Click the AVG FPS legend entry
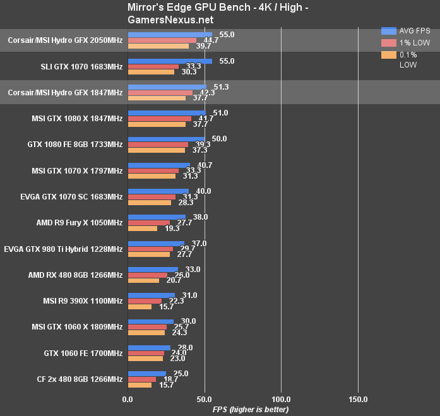coord(413,30)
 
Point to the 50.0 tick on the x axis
coord(204,399)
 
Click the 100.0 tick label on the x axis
coord(281,399)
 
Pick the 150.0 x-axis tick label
coord(358,399)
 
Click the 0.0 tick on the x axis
coord(128,399)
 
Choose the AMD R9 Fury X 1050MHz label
coord(80,223)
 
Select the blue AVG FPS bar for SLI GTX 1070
coord(170,61)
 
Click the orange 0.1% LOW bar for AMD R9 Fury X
coord(142,229)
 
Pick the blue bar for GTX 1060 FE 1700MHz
coord(149,348)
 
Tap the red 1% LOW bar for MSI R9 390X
coord(145,301)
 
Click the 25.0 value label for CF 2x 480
coord(181,373)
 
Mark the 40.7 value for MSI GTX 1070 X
coord(199,165)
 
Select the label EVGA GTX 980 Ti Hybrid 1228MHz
coord(63,249)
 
